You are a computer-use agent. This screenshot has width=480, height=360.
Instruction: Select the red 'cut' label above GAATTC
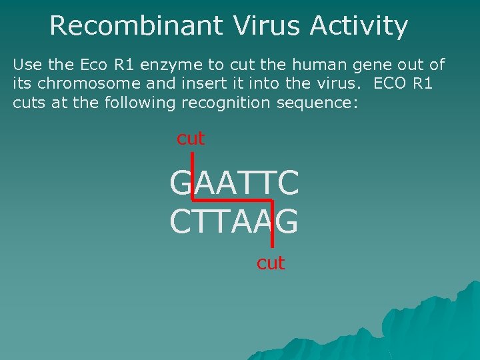(x=190, y=139)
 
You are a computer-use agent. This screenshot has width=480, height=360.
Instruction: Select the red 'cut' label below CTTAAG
(x=271, y=263)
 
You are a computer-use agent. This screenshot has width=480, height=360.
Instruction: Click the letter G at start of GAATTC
(x=181, y=183)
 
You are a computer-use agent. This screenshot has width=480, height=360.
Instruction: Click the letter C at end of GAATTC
(x=288, y=183)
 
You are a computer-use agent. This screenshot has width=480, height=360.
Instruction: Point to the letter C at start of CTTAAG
(x=181, y=222)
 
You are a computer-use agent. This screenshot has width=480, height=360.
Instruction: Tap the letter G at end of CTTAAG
(x=287, y=222)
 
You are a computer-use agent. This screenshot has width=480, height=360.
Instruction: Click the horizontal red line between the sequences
(x=232, y=200)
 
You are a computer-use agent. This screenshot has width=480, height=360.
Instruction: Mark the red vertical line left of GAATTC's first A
(x=193, y=177)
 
